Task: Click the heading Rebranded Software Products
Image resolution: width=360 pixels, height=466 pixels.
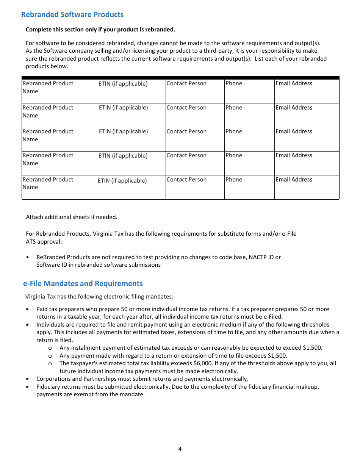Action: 72,15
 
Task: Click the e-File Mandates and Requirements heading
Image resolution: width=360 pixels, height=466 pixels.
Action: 83,284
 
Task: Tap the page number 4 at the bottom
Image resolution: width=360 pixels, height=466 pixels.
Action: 180,449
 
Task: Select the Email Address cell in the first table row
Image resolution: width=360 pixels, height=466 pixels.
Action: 307,91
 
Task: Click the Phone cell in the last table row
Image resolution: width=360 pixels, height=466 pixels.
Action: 249,187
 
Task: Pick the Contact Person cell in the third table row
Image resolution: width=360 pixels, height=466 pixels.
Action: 195,139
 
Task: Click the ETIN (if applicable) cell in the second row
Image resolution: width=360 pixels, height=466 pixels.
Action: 130,115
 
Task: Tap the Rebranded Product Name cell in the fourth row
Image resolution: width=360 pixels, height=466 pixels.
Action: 58,163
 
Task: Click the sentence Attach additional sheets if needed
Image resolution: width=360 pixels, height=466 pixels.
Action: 72,217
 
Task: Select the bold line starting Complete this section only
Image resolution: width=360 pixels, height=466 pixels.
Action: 100,30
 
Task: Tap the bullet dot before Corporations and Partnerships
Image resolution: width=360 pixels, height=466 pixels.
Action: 28,379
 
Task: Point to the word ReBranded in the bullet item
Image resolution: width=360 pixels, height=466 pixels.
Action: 49,257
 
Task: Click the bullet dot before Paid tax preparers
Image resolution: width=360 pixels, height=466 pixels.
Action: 28,309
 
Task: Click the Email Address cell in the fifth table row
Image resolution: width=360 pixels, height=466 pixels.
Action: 307,187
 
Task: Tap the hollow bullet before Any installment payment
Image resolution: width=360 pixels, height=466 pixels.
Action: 50,348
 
